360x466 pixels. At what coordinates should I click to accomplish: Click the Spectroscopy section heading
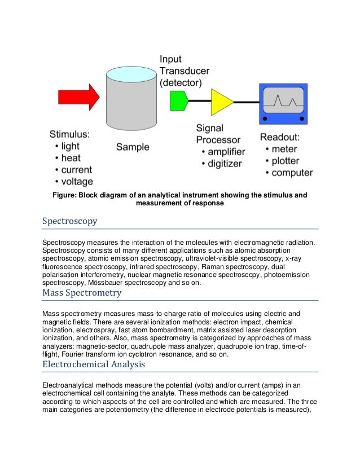point(69,221)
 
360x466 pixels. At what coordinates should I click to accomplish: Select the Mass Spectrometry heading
point(82,293)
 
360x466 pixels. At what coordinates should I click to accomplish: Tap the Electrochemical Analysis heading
point(94,364)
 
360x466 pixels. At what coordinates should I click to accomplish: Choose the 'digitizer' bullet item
point(223,164)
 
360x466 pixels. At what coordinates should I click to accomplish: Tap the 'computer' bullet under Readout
point(292,173)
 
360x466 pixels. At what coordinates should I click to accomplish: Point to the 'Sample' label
point(133,147)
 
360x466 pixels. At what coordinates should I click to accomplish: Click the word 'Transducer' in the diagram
point(185,71)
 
